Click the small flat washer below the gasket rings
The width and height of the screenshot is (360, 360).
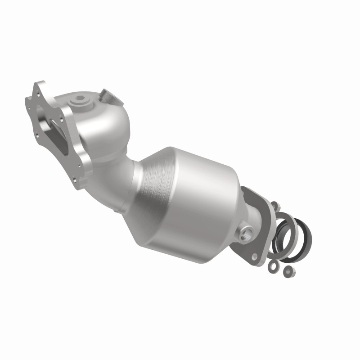[272, 266]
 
